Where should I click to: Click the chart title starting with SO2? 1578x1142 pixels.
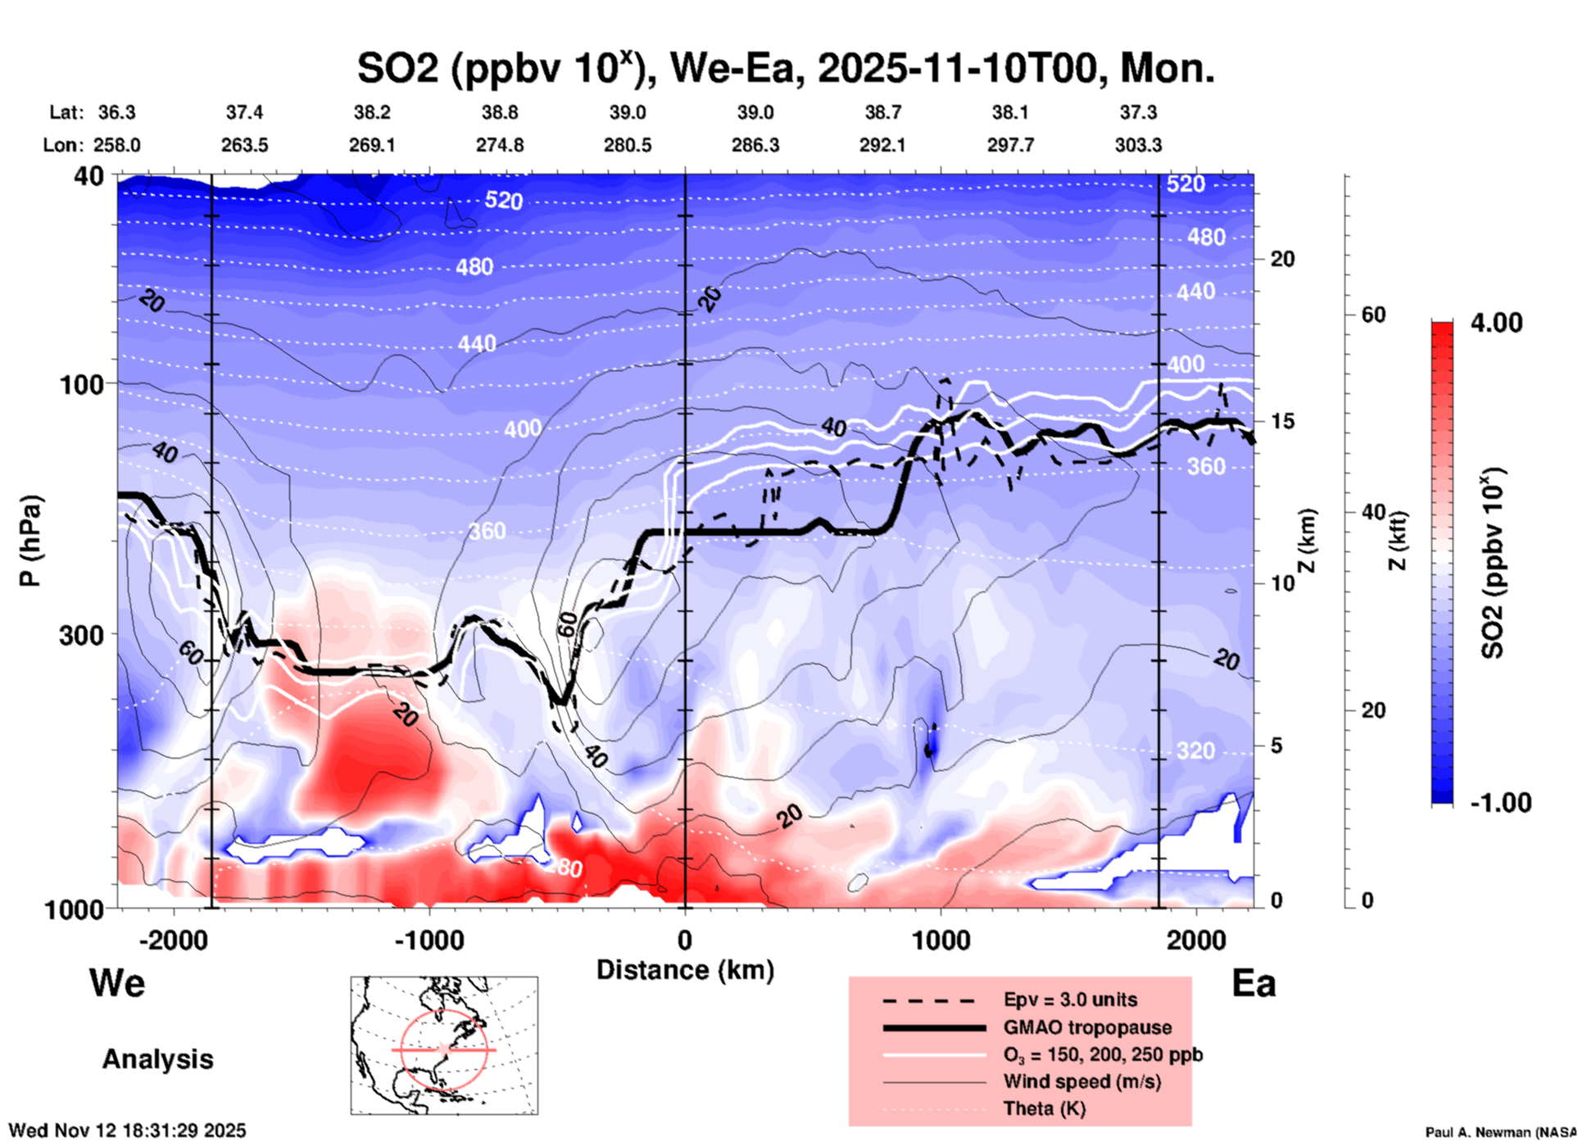tap(785, 68)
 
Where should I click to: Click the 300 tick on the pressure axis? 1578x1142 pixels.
tap(81, 635)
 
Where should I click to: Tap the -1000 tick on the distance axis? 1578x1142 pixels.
tap(429, 940)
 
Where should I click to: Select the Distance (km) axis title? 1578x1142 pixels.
tap(685, 970)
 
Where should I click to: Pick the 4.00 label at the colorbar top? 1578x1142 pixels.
tap(1496, 323)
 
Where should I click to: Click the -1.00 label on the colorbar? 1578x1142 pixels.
tap(1500, 803)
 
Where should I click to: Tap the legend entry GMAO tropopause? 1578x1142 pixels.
tap(1087, 1027)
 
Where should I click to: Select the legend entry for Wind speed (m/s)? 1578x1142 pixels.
tap(1081, 1081)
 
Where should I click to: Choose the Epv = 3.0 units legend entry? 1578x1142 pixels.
tap(1070, 999)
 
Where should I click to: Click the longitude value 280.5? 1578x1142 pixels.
tap(628, 145)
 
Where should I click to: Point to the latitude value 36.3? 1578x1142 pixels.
tap(117, 112)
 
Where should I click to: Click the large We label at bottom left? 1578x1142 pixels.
tap(117, 983)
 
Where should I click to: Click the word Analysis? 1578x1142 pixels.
tap(157, 1059)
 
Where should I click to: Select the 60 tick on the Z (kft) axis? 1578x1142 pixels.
tap(1373, 315)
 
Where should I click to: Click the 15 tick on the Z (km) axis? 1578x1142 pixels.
tap(1282, 421)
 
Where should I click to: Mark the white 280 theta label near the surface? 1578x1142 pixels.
tap(565, 868)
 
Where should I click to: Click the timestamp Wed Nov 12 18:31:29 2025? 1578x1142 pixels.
tap(127, 1131)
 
